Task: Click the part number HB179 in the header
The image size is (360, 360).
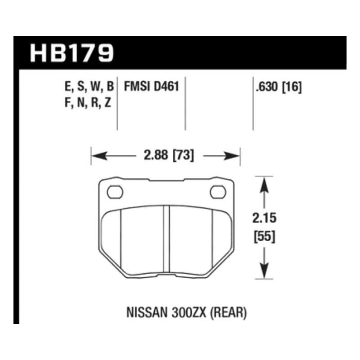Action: (72, 53)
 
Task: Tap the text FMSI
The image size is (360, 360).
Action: (137, 87)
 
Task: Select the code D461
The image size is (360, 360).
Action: (166, 87)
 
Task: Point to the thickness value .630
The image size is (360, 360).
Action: (267, 87)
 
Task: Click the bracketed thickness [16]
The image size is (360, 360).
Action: (292, 87)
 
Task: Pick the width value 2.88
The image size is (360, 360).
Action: (156, 155)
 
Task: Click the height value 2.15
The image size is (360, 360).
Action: (264, 218)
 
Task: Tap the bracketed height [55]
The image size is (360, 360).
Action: (264, 236)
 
